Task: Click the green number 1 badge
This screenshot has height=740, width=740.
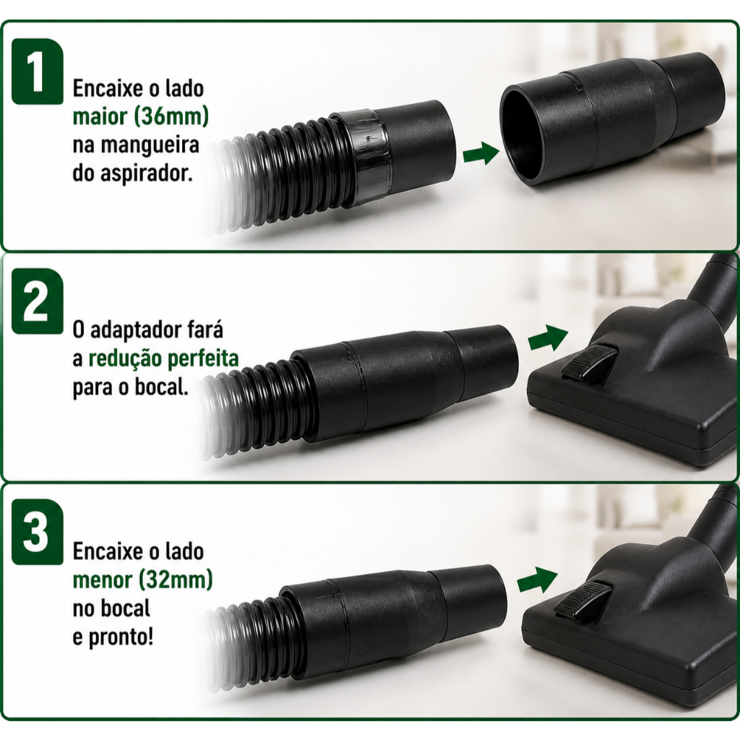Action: [38, 72]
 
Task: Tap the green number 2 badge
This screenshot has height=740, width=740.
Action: [38, 301]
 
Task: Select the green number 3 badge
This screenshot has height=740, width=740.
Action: [38, 532]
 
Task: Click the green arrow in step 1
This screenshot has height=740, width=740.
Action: [481, 154]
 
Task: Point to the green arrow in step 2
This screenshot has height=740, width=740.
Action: [548, 338]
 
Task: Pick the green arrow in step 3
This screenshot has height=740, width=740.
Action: [537, 580]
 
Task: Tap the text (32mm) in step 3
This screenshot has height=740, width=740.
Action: [176, 580]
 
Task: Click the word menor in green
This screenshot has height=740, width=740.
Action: [103, 580]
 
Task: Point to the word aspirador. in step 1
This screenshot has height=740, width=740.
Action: [147, 174]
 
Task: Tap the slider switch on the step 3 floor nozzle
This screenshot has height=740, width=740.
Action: [583, 599]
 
